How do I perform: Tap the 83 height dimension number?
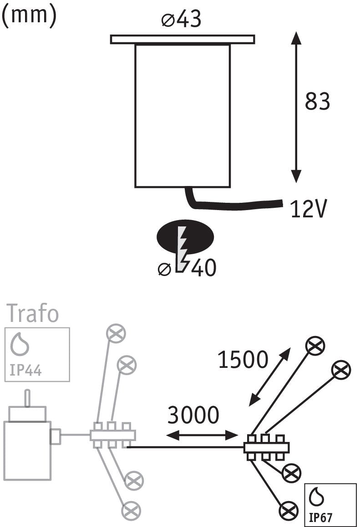coord(317,101)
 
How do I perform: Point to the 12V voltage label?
coord(308,209)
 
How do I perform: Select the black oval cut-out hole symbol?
coord(185,237)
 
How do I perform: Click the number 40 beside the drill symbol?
coord(205,268)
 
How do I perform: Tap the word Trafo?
coord(33,313)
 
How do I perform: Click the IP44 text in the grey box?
coord(25,371)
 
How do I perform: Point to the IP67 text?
coord(321,517)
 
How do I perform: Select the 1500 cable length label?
coord(243,359)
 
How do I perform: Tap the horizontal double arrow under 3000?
coord(202,435)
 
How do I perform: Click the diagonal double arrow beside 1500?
coord(269,377)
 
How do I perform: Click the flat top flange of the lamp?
coord(183,39)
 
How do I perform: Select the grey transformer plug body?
coord(27,450)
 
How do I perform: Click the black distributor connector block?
coord(266,447)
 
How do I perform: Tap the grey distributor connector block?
coord(113,435)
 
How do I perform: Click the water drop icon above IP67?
coord(317,497)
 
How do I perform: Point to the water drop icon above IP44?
coord(20,345)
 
